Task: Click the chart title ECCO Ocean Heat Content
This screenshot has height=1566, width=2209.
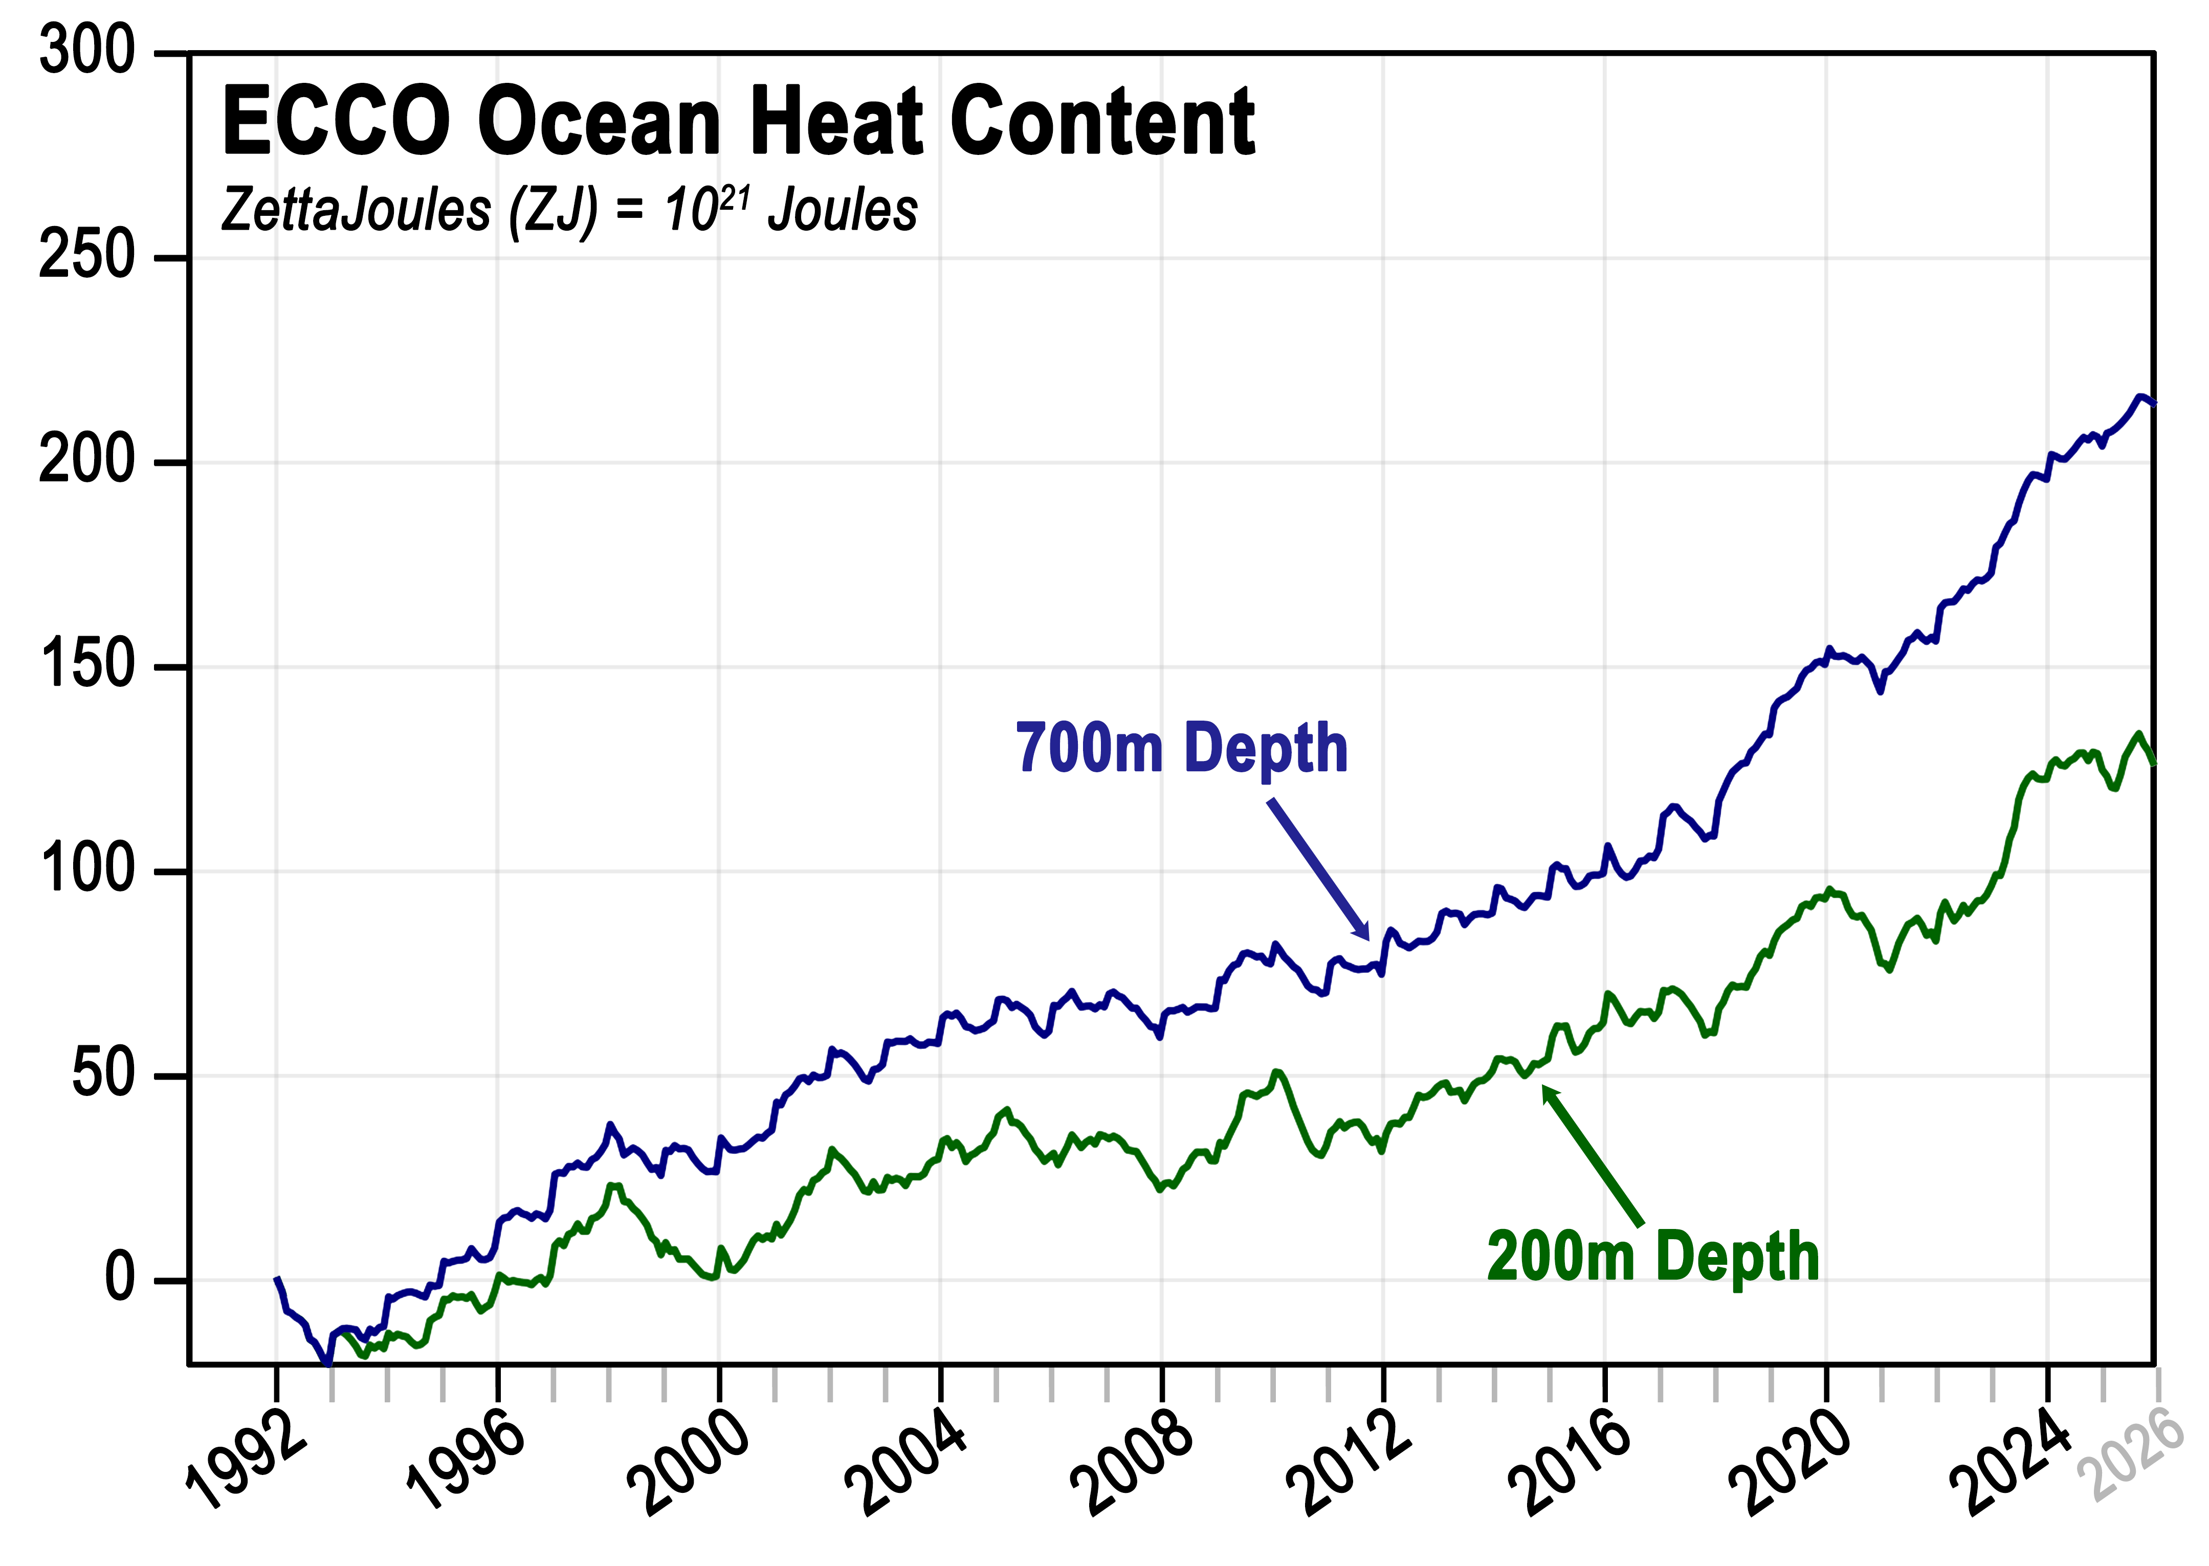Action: point(738,122)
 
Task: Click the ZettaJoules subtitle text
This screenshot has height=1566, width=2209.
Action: point(569,210)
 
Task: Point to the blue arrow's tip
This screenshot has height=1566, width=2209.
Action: point(1368,938)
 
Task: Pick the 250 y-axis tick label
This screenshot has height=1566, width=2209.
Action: point(87,257)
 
